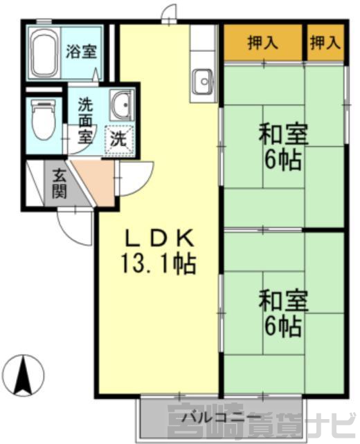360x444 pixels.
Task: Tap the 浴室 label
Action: (82, 51)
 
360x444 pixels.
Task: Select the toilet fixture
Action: (43, 120)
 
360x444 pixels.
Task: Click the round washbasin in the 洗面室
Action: (121, 104)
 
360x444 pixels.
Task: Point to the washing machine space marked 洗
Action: (119, 139)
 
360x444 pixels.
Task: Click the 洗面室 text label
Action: (85, 121)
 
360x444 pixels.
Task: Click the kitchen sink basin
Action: (204, 82)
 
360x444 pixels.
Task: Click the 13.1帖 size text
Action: (159, 264)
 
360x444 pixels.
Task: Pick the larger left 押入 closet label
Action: (263, 44)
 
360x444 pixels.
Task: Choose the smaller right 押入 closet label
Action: (325, 44)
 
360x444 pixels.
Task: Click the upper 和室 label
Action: (283, 136)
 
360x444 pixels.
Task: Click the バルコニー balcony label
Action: (222, 417)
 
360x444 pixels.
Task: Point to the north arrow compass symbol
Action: (25, 375)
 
